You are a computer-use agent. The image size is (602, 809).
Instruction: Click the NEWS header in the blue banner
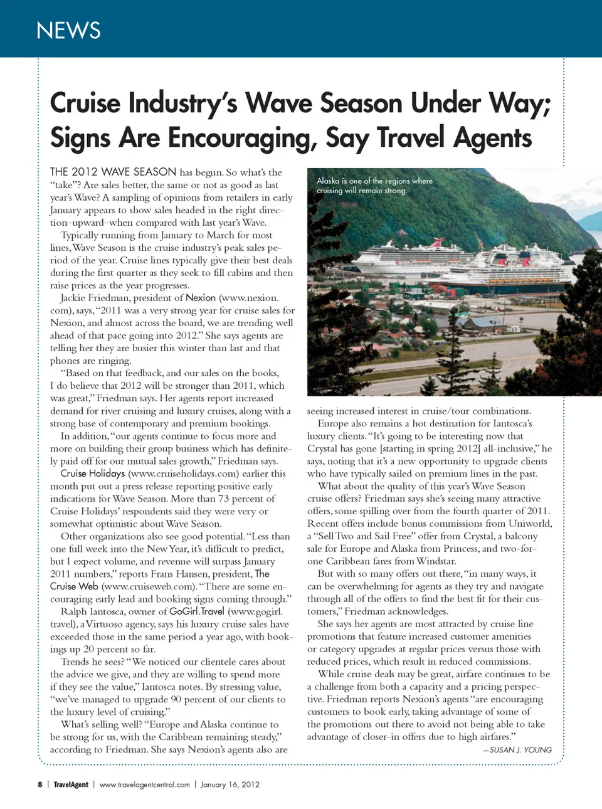[x=68, y=30]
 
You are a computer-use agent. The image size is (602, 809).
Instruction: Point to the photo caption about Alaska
[x=374, y=185]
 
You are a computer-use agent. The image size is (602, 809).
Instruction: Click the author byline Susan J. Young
[x=517, y=749]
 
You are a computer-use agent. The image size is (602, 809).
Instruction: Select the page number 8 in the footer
[x=40, y=785]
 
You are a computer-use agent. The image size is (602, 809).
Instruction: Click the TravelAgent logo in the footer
[x=71, y=785]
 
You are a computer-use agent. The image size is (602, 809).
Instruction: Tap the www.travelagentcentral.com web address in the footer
[x=144, y=785]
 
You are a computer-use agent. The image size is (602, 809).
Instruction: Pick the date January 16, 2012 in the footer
[x=230, y=785]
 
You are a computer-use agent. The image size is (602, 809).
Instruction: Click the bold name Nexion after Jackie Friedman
[x=201, y=298]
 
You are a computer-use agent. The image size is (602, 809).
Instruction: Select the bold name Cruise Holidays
[x=93, y=473]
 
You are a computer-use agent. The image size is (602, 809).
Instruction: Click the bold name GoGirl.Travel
[x=196, y=611]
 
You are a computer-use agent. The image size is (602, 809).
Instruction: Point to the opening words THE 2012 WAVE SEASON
[x=113, y=172]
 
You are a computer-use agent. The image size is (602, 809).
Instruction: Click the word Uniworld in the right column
[x=530, y=524]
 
